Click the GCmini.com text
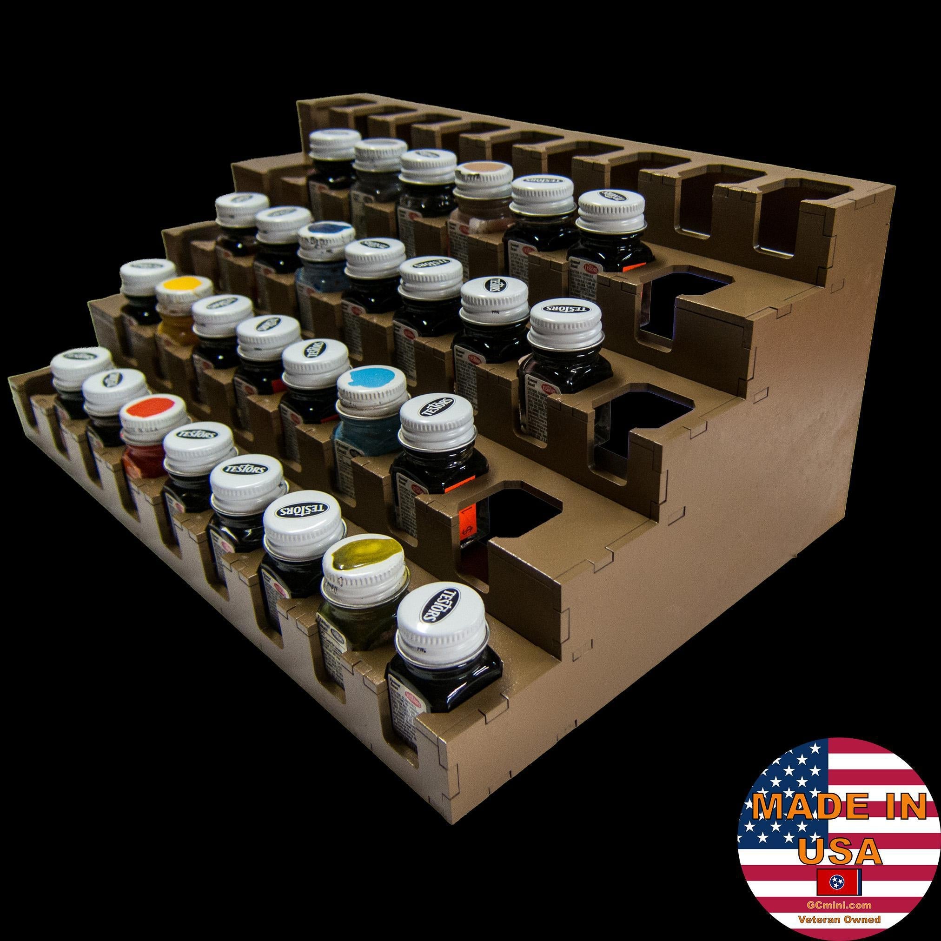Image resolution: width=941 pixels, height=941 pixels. pyautogui.click(x=839, y=904)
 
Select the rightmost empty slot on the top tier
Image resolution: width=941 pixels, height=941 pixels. pyautogui.click(x=799, y=214)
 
